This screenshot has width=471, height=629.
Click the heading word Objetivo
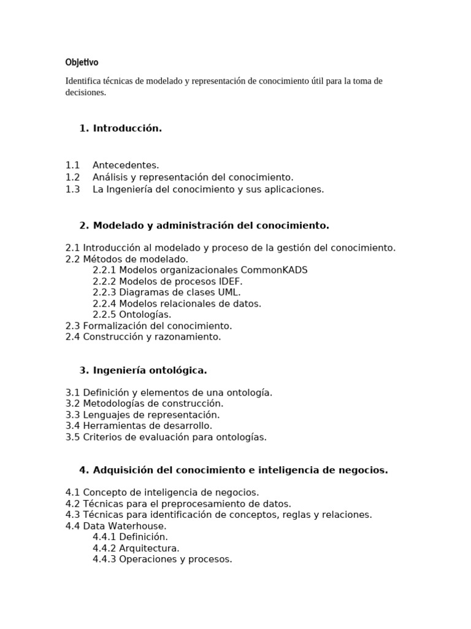click(82, 63)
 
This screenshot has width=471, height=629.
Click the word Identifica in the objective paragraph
click(83, 81)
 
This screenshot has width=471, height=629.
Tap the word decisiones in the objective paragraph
click(85, 93)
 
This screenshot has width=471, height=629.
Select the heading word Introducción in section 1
click(128, 128)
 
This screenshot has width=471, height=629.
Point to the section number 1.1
click(73, 165)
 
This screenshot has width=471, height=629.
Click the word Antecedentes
click(126, 165)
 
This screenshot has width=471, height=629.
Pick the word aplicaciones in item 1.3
click(294, 189)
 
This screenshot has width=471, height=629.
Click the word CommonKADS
click(274, 270)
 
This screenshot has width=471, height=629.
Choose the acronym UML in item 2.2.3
click(229, 292)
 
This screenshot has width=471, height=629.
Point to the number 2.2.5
click(104, 314)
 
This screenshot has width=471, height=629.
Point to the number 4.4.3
click(104, 559)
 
